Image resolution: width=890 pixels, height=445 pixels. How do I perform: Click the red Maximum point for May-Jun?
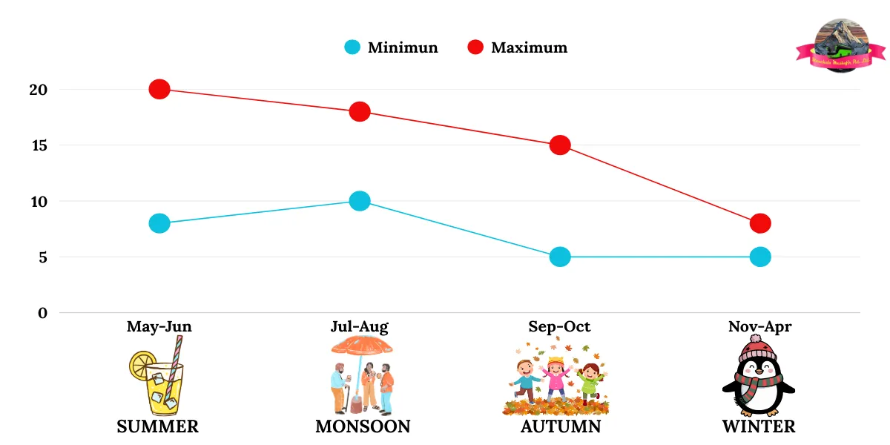[159, 89]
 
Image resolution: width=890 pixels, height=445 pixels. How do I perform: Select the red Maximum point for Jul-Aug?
[360, 112]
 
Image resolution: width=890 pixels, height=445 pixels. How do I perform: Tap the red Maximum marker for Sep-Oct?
[560, 145]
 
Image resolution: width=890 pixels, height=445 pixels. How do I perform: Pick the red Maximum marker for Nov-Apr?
[760, 223]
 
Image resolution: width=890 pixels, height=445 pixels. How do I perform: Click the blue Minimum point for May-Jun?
[159, 223]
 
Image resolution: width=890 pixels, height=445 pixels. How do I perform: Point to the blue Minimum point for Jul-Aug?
[360, 201]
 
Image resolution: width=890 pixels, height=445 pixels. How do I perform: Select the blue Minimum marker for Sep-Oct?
[560, 257]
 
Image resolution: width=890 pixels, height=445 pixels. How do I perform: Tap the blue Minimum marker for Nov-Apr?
[760, 257]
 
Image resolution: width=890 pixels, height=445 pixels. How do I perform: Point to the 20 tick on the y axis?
[39, 90]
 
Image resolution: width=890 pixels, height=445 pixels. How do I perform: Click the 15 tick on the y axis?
[39, 145]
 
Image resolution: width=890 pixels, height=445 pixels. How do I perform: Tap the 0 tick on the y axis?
[42, 313]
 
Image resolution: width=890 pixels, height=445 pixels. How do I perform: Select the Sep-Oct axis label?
[559, 326]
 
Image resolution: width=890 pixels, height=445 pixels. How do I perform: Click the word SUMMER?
[157, 426]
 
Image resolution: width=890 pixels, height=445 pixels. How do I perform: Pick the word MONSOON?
[363, 426]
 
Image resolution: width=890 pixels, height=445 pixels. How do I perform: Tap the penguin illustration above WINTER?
[758, 377]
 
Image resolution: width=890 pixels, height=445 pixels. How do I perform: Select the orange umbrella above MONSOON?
[362, 346]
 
